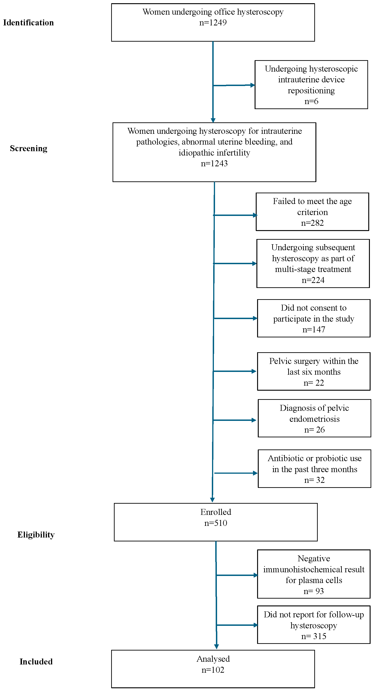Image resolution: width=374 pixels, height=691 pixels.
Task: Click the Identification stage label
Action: pyautogui.click(x=28, y=23)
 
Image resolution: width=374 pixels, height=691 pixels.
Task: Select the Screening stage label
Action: pyautogui.click(x=28, y=148)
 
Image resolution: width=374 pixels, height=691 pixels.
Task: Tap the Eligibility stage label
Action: pyautogui.click(x=36, y=534)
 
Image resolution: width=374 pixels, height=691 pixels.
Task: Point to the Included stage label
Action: pyautogui.click(x=36, y=661)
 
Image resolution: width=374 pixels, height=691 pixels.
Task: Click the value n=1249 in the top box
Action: pyautogui.click(x=213, y=23)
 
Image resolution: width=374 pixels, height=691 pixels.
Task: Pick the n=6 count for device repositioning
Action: pyautogui.click(x=311, y=101)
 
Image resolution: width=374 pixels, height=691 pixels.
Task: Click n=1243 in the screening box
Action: pyautogui.click(x=214, y=163)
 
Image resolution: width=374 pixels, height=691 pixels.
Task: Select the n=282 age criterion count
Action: pyautogui.click(x=312, y=223)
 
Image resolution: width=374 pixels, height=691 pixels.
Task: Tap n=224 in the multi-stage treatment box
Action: pyautogui.click(x=313, y=280)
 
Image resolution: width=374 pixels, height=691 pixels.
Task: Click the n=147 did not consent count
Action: pyautogui.click(x=314, y=329)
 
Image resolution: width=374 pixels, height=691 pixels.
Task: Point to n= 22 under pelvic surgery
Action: pyautogui.click(x=314, y=383)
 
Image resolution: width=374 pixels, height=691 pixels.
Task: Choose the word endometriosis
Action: pyautogui.click(x=315, y=419)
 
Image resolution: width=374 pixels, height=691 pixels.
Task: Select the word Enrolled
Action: pyautogui.click(x=216, y=512)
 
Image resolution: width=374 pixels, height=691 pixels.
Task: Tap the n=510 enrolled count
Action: pyautogui.click(x=216, y=523)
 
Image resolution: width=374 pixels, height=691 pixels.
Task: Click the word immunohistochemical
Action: pyautogui.click(x=314, y=569)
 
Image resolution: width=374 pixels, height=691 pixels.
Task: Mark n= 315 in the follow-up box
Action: pyautogui.click(x=314, y=636)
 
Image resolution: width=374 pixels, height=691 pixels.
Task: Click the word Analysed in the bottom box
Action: pyautogui.click(x=213, y=659)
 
